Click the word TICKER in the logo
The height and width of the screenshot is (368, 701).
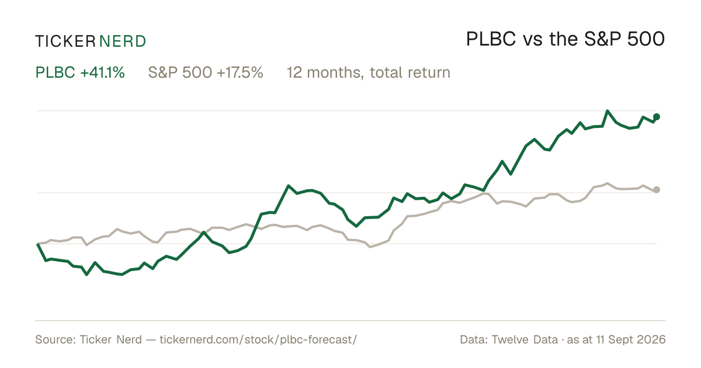(65, 41)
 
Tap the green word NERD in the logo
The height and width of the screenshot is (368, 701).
(123, 41)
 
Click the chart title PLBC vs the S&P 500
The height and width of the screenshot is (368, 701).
(565, 39)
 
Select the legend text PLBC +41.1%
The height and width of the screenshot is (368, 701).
(80, 72)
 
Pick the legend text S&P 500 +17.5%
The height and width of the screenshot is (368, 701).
(206, 72)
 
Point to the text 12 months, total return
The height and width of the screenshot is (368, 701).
(369, 72)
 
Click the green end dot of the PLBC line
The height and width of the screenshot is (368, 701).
(657, 117)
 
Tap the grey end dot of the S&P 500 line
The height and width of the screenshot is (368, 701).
(657, 190)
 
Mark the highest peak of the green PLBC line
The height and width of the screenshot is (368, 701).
(608, 111)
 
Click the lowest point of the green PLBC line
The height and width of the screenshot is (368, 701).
(86, 275)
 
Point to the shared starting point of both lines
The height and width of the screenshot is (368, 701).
(38, 244)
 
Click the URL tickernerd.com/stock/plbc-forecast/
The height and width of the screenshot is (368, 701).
(258, 339)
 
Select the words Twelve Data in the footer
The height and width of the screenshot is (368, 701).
(525, 339)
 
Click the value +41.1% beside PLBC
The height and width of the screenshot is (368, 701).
(102, 72)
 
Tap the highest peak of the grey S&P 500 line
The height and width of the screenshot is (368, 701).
(608, 183)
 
